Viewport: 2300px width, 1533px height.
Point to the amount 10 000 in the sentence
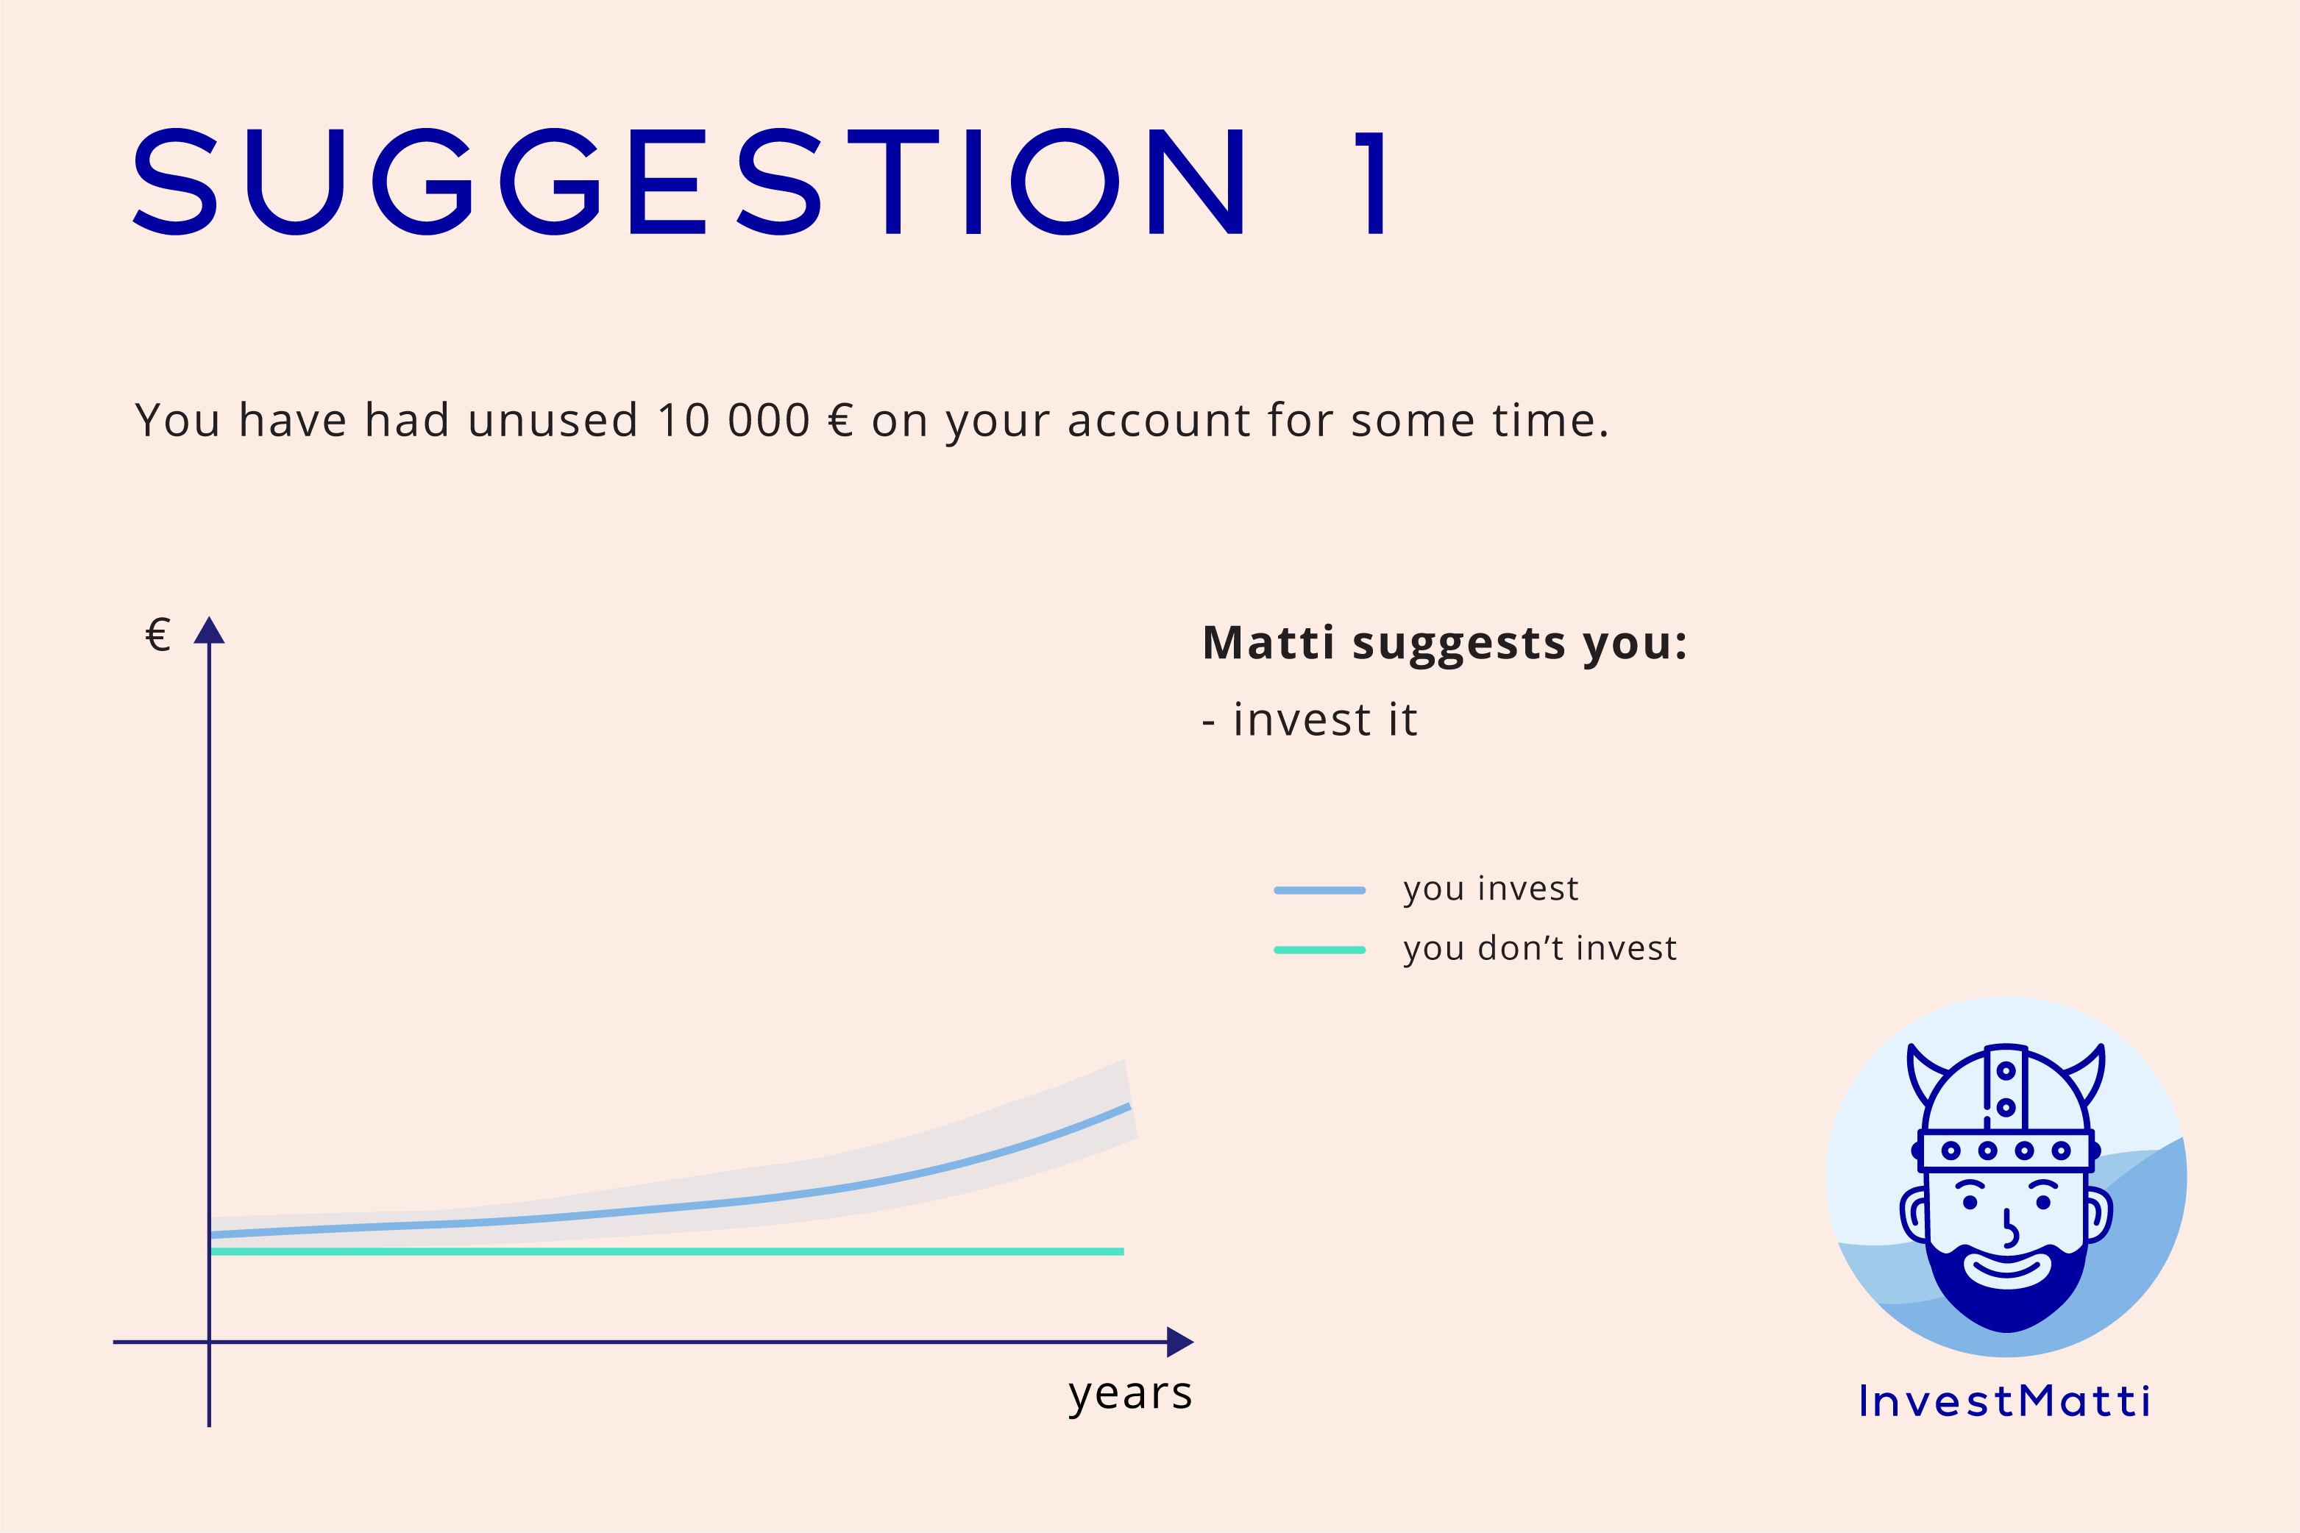pos(734,421)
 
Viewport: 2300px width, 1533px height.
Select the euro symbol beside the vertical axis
pos(157,635)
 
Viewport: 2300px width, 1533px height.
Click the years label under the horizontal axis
pos(1130,1393)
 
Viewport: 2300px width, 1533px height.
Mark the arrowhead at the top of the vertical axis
pos(209,630)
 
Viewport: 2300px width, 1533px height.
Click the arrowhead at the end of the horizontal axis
pos(1180,1342)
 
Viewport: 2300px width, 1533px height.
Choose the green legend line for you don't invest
pos(1320,950)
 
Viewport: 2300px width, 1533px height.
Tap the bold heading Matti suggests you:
pos(1445,644)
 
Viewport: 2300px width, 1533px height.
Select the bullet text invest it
pos(1325,721)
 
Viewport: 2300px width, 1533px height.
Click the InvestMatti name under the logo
pos(2005,1401)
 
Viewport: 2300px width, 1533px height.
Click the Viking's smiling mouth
pos(2008,1270)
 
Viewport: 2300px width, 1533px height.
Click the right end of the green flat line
pos(1124,1251)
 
